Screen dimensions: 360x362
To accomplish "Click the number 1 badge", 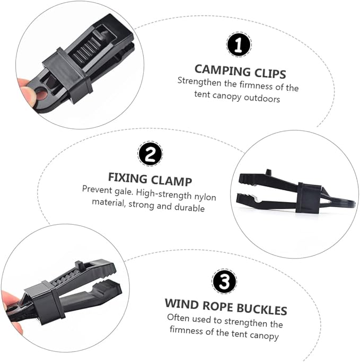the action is pyautogui.click(x=239, y=45).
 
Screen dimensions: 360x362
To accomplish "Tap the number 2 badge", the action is pyautogui.click(x=150, y=154).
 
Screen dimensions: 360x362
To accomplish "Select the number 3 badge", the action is pyautogui.click(x=224, y=281).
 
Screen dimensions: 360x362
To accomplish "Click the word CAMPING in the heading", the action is pyautogui.click(x=223, y=70).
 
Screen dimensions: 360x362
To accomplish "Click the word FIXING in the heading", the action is pyautogui.click(x=128, y=178).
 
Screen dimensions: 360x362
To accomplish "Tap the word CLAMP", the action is pyautogui.click(x=172, y=181).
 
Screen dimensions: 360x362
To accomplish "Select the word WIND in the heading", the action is pyautogui.click(x=182, y=304).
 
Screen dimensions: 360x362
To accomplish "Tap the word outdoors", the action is pyautogui.click(x=262, y=98).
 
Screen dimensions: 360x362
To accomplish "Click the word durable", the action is pyautogui.click(x=189, y=207).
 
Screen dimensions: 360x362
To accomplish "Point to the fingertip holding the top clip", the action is pyautogui.click(x=27, y=92).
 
